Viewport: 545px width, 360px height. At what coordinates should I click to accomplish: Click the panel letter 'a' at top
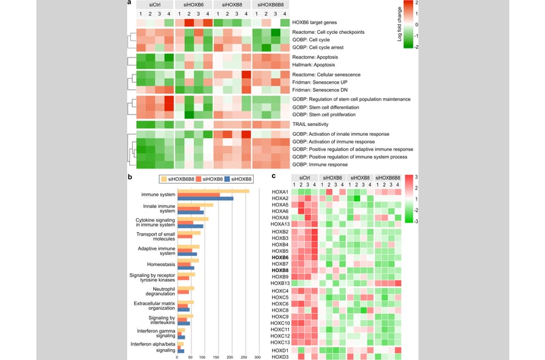(129, 3)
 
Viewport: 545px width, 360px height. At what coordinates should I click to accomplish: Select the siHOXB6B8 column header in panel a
(270, 5)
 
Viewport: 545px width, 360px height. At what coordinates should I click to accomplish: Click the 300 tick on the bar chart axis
(257, 356)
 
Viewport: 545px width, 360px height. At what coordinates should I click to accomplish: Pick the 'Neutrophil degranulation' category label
(156, 293)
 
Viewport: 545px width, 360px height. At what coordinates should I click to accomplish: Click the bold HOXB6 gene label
(280, 257)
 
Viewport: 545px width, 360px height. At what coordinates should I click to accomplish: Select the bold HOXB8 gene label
(280, 270)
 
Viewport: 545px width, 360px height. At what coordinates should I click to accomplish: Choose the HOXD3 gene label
(280, 356)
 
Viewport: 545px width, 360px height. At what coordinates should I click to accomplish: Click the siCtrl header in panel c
(305, 177)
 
